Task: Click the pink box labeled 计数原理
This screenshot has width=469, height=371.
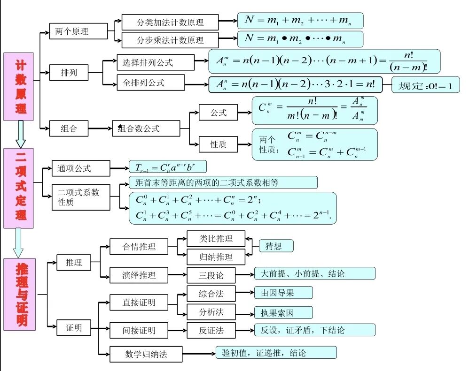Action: coord(19,86)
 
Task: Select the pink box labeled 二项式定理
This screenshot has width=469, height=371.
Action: coord(19,188)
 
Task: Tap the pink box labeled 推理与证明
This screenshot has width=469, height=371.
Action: coord(19,294)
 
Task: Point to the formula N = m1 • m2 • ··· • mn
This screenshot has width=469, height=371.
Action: coord(300,39)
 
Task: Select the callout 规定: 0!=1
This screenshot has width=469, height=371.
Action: coord(425,84)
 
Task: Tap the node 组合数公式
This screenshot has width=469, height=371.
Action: coord(146,128)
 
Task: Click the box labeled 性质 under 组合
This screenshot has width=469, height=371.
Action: coord(218,144)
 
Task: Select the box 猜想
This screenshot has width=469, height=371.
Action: coord(276,246)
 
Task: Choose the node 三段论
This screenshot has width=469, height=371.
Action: coord(211,274)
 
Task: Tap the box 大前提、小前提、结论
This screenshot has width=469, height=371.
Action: coord(314,273)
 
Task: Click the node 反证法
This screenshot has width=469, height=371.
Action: coord(211,330)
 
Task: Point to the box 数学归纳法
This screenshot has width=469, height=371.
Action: coord(146,354)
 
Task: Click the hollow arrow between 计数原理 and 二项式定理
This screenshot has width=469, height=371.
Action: coord(20,134)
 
